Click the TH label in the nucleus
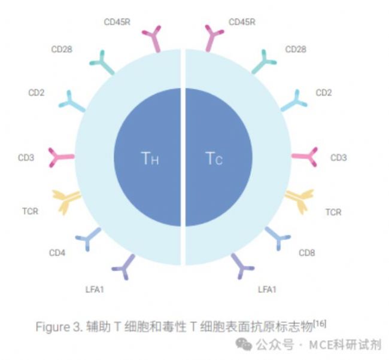click(150, 158)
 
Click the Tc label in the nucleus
click(214, 158)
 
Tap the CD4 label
click(57, 253)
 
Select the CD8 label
click(307, 253)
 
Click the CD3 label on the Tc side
click(339, 158)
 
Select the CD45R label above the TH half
click(117, 22)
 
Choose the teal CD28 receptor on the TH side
click(102, 62)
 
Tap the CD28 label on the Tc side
click(296, 50)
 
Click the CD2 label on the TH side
click(37, 93)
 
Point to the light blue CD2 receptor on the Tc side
click(295, 101)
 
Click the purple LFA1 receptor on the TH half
click(124, 267)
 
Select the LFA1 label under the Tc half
click(267, 289)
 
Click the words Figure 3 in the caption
click(59, 327)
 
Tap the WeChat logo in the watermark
click(244, 344)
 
